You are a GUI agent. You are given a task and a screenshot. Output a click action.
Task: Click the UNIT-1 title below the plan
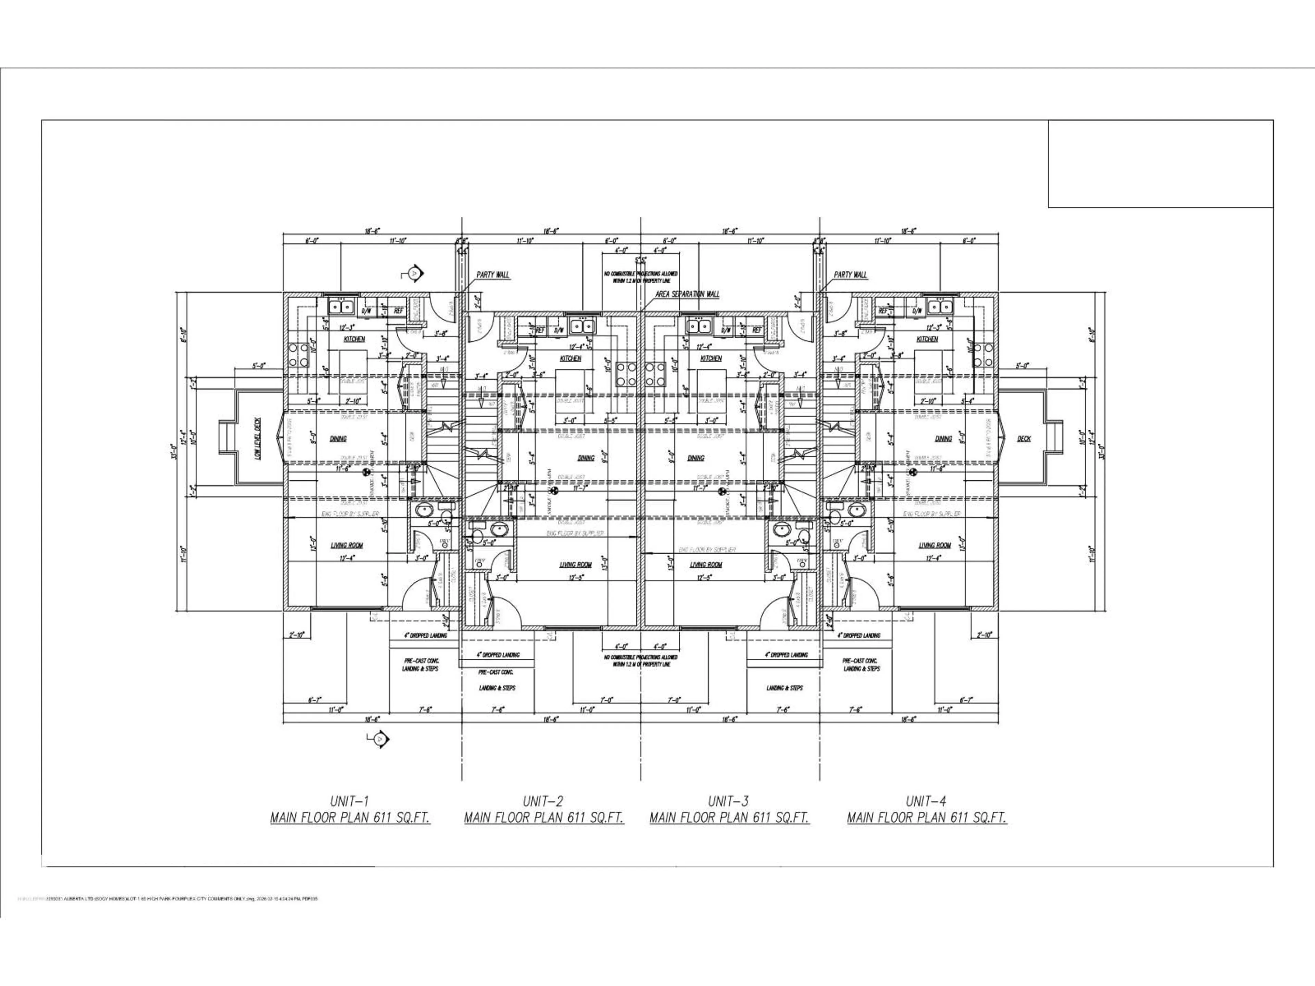(x=350, y=800)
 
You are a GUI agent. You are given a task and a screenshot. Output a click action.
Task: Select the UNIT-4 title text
(x=926, y=800)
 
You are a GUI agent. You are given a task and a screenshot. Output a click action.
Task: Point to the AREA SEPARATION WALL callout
(x=687, y=294)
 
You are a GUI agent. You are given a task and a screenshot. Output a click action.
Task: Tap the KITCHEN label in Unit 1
(x=354, y=339)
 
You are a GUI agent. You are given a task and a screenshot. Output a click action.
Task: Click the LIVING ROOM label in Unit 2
(x=575, y=565)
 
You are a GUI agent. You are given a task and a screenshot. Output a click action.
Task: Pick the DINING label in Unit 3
(x=696, y=458)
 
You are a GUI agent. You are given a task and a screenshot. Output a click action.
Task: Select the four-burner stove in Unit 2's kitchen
(x=625, y=375)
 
